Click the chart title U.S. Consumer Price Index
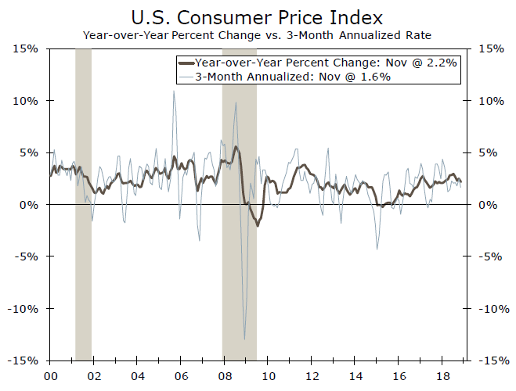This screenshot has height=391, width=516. [258, 16]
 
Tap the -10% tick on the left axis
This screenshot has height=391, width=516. [26, 308]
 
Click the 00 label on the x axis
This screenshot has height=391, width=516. [51, 375]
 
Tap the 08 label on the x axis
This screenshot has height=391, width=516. [225, 375]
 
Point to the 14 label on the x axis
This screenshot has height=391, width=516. [355, 375]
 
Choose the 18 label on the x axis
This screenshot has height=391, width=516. [442, 375]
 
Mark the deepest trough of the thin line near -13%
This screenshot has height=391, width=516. [244, 339]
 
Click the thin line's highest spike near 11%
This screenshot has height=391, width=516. [173, 91]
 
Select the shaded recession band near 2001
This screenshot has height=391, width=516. [83, 203]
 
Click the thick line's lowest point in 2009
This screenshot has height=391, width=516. [258, 225]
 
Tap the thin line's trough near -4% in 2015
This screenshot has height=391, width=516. [377, 249]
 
